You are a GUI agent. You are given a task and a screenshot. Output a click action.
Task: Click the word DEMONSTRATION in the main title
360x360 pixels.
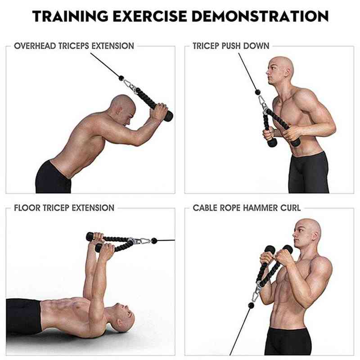pos(260,16)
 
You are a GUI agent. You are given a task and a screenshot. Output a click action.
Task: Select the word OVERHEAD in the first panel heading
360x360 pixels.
pos(35,46)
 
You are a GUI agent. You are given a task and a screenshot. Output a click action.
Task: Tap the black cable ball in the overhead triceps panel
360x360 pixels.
pos(121,78)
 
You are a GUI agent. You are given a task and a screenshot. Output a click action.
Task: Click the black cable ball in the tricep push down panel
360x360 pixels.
pos(258,92)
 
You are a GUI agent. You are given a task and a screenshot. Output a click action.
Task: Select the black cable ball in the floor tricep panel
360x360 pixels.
pos(154,241)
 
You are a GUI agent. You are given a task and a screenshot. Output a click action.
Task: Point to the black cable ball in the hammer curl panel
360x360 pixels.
pos(252,306)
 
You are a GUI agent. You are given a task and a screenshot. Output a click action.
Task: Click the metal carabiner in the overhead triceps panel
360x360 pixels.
pos(129,85)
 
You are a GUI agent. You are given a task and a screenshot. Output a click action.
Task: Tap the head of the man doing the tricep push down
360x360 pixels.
pos(280,71)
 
